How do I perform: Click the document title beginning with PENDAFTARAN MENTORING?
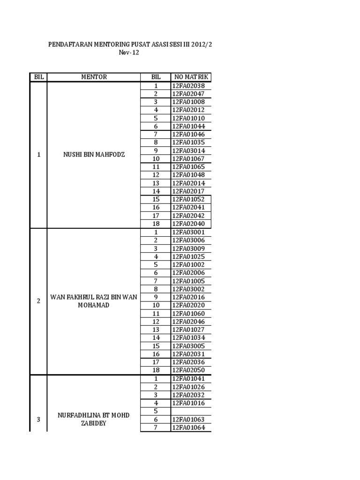click(134, 44)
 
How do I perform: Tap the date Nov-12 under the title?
click(129, 53)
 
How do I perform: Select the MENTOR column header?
click(94, 77)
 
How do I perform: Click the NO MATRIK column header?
click(191, 77)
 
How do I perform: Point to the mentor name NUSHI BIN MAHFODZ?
click(94, 155)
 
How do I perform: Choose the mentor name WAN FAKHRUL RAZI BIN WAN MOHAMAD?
click(94, 301)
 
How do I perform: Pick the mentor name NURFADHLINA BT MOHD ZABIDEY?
click(94, 419)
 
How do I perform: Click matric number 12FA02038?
click(188, 86)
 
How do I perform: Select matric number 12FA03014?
click(188, 150)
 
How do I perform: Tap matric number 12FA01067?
click(188, 158)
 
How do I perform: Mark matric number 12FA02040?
click(188, 224)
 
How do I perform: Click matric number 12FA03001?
click(188, 232)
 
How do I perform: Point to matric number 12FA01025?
click(188, 256)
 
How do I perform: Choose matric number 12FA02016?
click(188, 297)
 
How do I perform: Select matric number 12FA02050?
click(188, 370)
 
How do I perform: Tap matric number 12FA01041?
click(188, 378)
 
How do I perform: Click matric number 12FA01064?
click(188, 427)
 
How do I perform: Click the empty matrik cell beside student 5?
click(191, 411)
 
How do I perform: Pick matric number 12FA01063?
click(188, 419)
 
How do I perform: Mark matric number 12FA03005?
click(188, 346)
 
